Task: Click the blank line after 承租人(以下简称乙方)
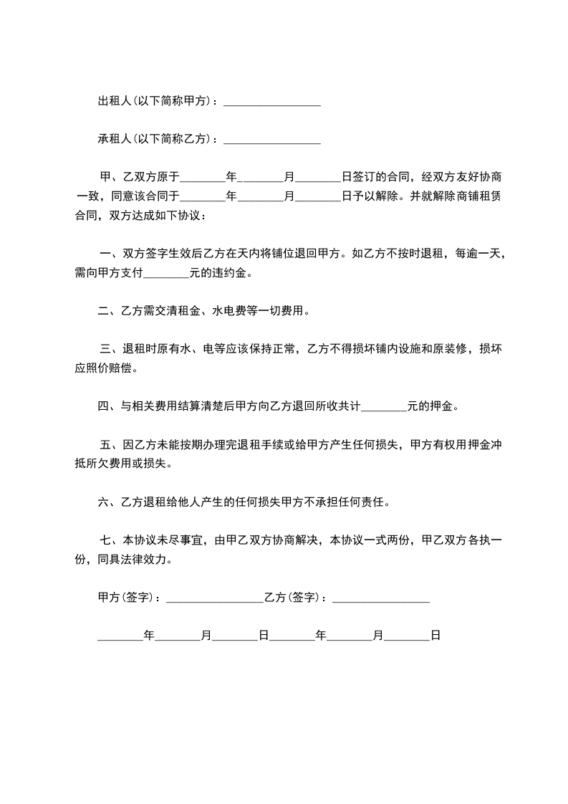tap(271, 140)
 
